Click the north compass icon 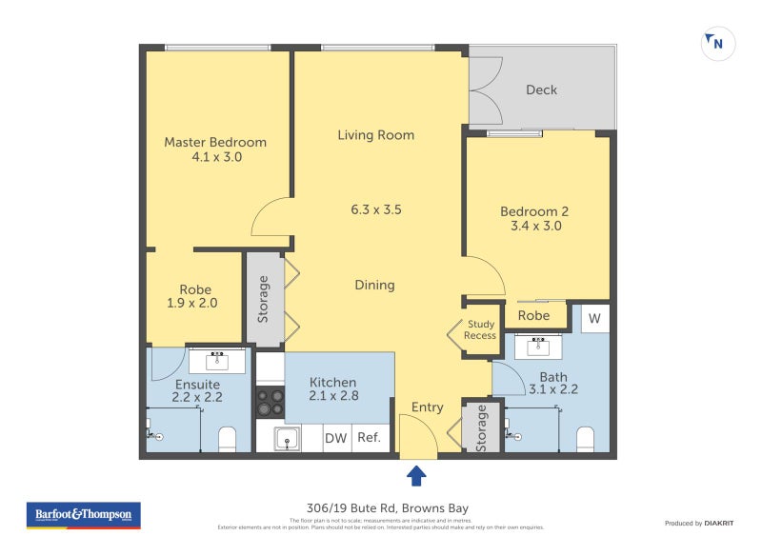coord(718,43)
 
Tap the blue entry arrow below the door coord(416,475)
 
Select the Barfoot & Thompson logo coord(83,515)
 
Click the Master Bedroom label coord(215,143)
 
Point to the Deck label coord(541,89)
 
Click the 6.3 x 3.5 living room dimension coord(376,209)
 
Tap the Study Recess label coord(480,330)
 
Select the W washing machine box coord(594,318)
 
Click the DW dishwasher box coord(335,438)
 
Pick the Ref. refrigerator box coord(369,438)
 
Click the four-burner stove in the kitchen coord(270,403)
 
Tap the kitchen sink coord(288,438)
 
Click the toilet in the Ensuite coord(227,438)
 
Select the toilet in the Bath coord(585,438)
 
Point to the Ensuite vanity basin coord(217,360)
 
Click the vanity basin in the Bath coord(538,347)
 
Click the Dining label coord(374,285)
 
